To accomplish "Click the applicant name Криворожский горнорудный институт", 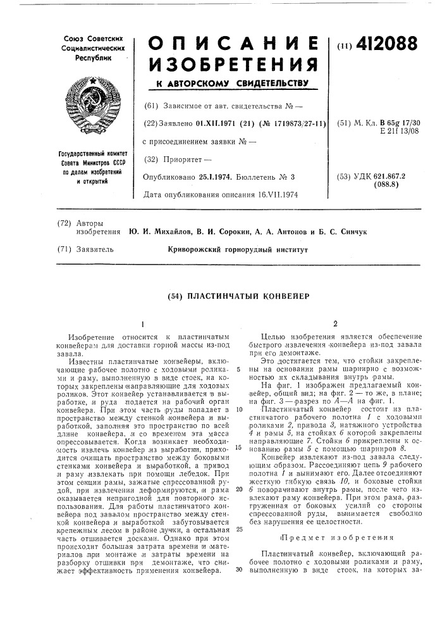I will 237,250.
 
